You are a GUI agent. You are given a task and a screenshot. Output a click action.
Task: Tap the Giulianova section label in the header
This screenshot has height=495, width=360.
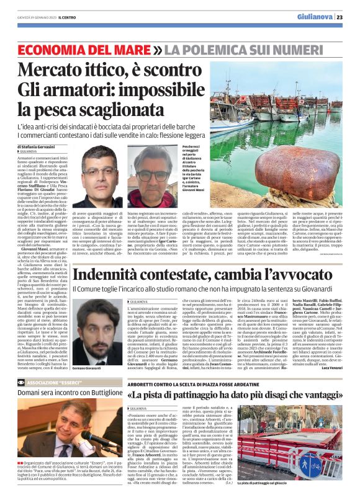[x=315, y=17]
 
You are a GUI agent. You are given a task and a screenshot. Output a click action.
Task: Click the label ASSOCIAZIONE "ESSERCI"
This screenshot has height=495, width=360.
[x=52, y=383]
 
